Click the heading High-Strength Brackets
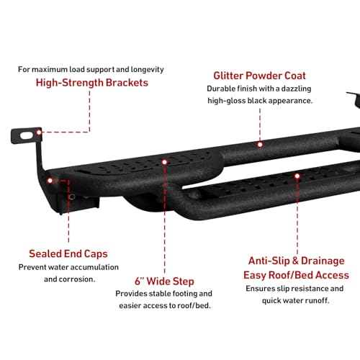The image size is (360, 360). tap(92, 83)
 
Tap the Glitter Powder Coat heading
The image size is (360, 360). tap(259, 76)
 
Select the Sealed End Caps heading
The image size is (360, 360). tap(68, 254)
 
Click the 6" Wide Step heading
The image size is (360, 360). tap(164, 282)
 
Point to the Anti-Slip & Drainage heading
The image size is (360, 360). tap(297, 261)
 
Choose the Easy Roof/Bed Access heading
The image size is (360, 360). tap(296, 275)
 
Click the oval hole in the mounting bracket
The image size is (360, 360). tap(27, 135)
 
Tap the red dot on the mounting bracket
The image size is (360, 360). tap(39, 132)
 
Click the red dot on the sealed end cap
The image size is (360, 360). tap(50, 181)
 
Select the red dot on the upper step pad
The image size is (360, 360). tap(164, 162)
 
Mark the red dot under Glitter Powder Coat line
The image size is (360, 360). tap(260, 145)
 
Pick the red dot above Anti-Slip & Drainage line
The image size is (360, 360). tap(297, 176)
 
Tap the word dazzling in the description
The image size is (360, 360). tap(296, 89)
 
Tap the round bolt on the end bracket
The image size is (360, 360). tap(72, 197)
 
